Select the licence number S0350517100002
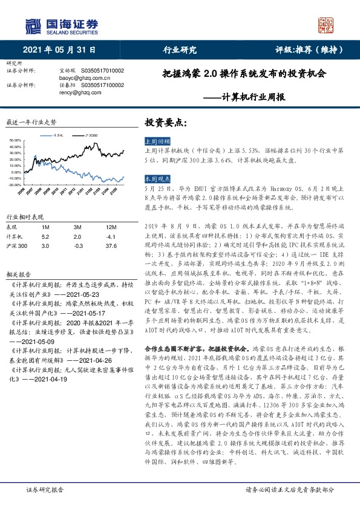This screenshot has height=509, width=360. coord(102,86)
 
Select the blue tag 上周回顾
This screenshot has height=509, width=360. coord(158,140)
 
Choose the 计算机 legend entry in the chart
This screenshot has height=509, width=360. coord(57,135)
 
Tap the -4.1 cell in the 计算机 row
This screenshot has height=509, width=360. coord(110,236)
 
